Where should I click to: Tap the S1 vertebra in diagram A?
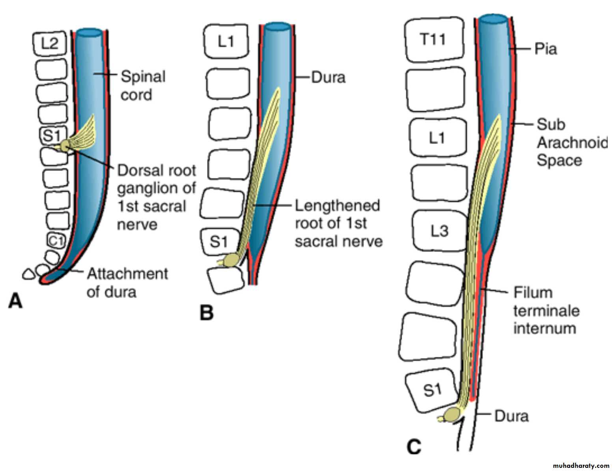point(52,135)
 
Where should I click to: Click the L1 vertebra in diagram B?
point(226,41)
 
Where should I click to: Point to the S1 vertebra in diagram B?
point(219,241)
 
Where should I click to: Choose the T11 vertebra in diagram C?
point(433,39)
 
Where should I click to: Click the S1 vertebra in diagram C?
point(433,390)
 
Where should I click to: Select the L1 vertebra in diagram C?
point(437,138)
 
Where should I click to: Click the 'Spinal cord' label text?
point(143,86)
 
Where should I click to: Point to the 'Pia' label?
point(546,49)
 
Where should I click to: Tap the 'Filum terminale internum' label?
point(546,310)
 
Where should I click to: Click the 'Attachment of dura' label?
point(127,283)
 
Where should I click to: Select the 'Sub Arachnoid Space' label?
point(571,142)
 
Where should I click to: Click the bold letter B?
point(207,313)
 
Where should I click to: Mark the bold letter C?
point(414,447)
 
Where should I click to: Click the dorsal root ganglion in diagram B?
point(231,260)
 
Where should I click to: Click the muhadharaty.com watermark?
point(581,466)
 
